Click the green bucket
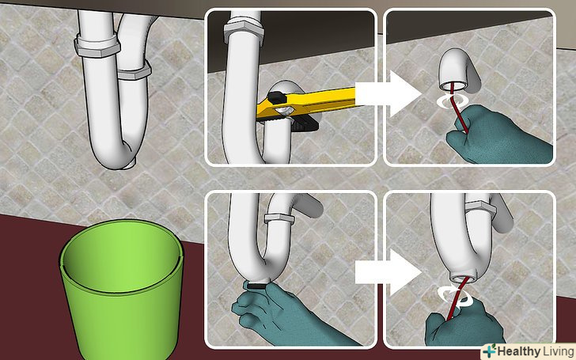(121, 290)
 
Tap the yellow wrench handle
(313, 101)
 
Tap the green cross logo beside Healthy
(489, 352)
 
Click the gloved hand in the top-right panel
(499, 136)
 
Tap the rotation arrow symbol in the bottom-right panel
(456, 295)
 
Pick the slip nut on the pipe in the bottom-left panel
(279, 218)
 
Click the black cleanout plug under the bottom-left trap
(257, 284)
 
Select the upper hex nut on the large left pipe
(97, 46)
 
